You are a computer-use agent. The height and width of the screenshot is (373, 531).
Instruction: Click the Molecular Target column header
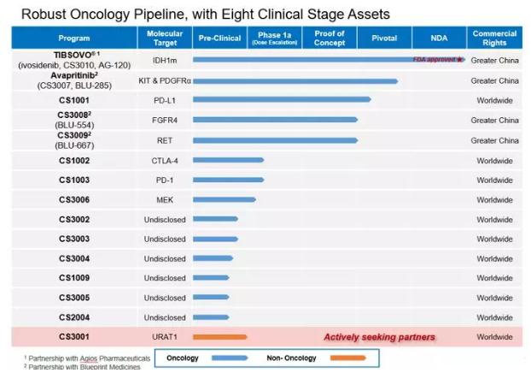pos(164,38)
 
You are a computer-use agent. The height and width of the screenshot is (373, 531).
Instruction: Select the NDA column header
pos(438,38)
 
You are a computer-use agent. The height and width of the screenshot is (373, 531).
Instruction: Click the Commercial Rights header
pos(494,38)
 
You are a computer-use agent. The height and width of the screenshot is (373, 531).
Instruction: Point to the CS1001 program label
pos(73,100)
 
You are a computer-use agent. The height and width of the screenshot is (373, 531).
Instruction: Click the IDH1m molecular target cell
pos(164,60)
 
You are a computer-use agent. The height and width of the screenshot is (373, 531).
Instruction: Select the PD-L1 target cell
pos(164,100)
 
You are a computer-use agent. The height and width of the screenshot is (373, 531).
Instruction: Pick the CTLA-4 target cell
pos(164,161)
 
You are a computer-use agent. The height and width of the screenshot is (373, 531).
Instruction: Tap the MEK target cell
pos(164,200)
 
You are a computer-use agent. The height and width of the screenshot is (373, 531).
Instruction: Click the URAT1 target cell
pos(164,337)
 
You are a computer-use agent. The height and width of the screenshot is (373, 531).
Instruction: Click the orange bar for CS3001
pos(219,337)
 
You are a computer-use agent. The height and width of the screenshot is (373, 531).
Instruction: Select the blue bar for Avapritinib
pos(295,81)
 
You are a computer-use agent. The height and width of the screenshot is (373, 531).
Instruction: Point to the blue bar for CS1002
pos(228,160)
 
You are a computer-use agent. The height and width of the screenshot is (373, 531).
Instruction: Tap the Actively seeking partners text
pos(379,337)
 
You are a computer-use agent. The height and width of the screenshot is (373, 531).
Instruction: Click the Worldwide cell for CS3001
pos(494,337)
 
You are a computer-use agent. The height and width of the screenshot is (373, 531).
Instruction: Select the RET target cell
pos(164,140)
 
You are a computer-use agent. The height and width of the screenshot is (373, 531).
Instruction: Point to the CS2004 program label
pos(73,317)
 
